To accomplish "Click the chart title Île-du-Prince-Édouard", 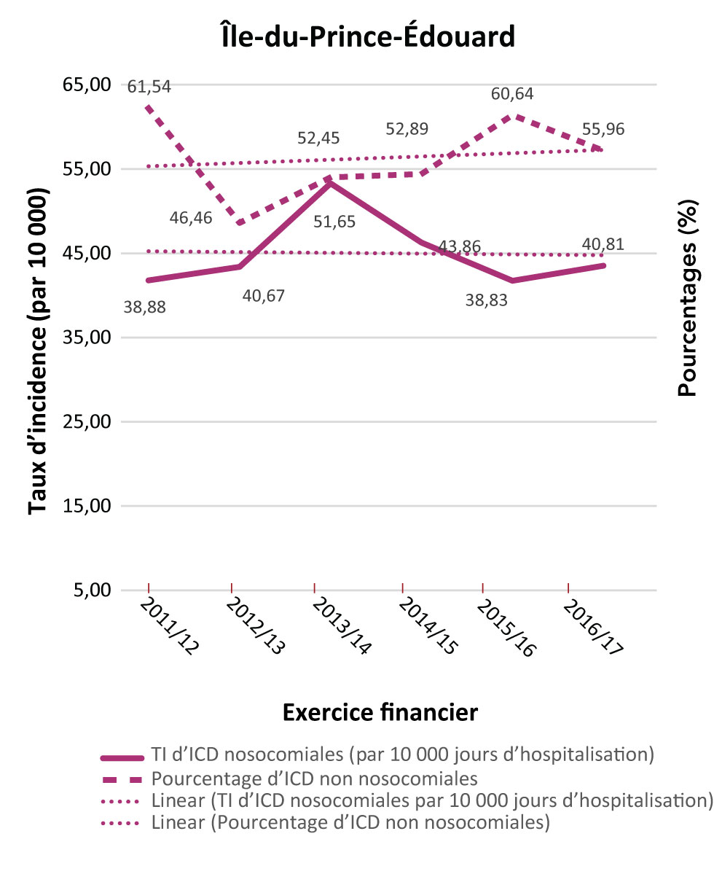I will pos(367,36).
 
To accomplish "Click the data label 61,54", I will pos(149,87).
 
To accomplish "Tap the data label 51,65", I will pos(334,222).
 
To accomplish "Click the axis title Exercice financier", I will pos(380,712).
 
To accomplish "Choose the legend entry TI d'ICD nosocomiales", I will pos(399,754).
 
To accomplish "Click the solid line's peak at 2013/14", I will pos(330,182).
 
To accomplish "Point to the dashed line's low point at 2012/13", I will pos(239,222).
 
